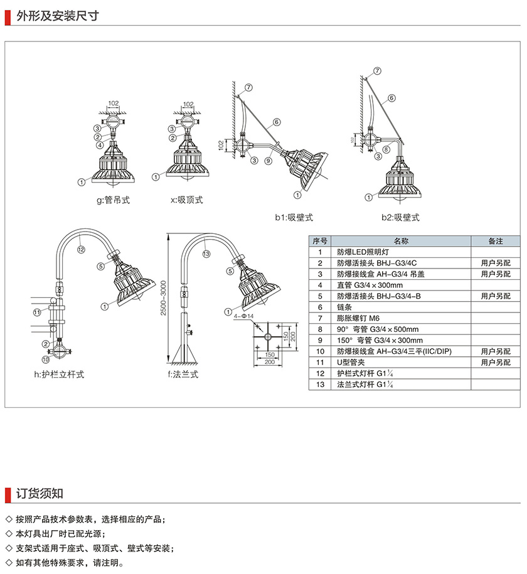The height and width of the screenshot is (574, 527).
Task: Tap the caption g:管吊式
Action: pyautogui.click(x=114, y=200)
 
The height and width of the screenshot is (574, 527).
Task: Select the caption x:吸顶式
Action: pyautogui.click(x=187, y=200)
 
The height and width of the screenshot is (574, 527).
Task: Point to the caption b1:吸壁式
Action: pyautogui.click(x=294, y=218)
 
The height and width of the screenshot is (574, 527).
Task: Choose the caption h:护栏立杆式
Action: pyautogui.click(x=59, y=375)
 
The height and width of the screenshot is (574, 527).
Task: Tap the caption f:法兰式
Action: pyautogui.click(x=183, y=375)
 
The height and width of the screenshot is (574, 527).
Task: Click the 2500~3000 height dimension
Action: pyautogui.click(x=163, y=297)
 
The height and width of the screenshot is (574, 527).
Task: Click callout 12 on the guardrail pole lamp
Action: pyautogui.click(x=80, y=249)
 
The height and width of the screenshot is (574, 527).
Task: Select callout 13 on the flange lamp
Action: pyautogui.click(x=206, y=254)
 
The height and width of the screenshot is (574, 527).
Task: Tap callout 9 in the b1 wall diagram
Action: pyautogui.click(x=267, y=161)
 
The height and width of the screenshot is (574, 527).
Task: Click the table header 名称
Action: pyautogui.click(x=401, y=240)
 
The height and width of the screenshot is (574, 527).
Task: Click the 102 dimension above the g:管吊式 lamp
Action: pyautogui.click(x=113, y=103)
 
